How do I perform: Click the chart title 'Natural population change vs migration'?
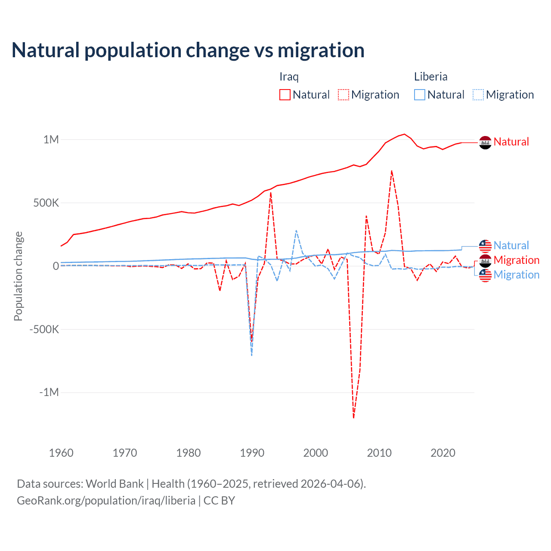click(x=188, y=50)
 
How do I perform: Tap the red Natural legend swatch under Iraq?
click(x=285, y=95)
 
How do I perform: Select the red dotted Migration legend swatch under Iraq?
click(x=344, y=95)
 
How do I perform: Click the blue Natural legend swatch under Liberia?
click(x=420, y=95)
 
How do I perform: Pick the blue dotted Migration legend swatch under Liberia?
click(x=478, y=95)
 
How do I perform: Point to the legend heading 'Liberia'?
click(x=430, y=77)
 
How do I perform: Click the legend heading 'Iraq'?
click(x=289, y=77)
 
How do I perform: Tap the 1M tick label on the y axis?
click(x=51, y=139)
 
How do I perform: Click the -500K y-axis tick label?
click(x=44, y=329)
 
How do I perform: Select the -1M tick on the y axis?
click(x=49, y=393)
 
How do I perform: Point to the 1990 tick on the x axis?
click(x=252, y=453)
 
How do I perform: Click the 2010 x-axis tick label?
click(x=379, y=453)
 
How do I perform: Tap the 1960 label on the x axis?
click(x=62, y=453)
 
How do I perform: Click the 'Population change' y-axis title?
click(x=18, y=276)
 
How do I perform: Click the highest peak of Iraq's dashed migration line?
click(x=392, y=171)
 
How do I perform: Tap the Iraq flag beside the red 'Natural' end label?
click(x=485, y=142)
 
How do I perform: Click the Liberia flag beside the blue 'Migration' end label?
click(x=485, y=275)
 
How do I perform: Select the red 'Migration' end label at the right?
click(x=516, y=260)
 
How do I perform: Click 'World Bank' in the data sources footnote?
click(x=115, y=484)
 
